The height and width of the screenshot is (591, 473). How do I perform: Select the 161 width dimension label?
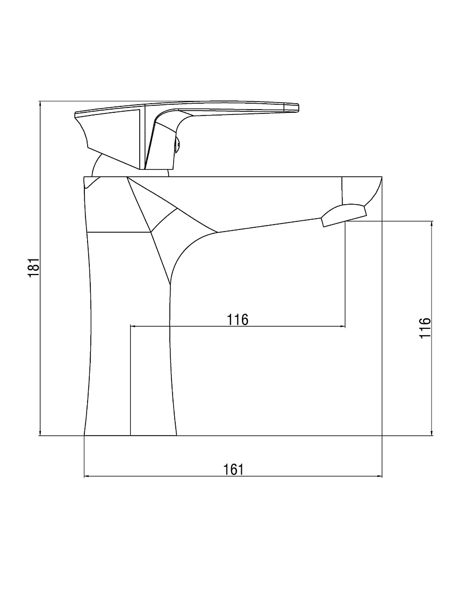click(x=233, y=470)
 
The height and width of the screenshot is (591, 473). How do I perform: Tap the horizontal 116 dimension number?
click(x=238, y=320)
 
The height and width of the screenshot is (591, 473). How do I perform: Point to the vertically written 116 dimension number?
click(x=425, y=328)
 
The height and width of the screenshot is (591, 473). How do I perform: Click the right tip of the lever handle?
click(x=298, y=107)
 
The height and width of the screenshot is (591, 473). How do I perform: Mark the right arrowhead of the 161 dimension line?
click(x=379, y=477)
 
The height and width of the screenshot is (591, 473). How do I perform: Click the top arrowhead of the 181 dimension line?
click(x=40, y=104)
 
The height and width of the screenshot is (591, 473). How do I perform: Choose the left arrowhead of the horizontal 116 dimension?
click(x=133, y=327)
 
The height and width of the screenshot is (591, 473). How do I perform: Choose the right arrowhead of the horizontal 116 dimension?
click(x=342, y=327)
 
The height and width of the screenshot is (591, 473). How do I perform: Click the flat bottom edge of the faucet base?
click(x=130, y=436)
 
